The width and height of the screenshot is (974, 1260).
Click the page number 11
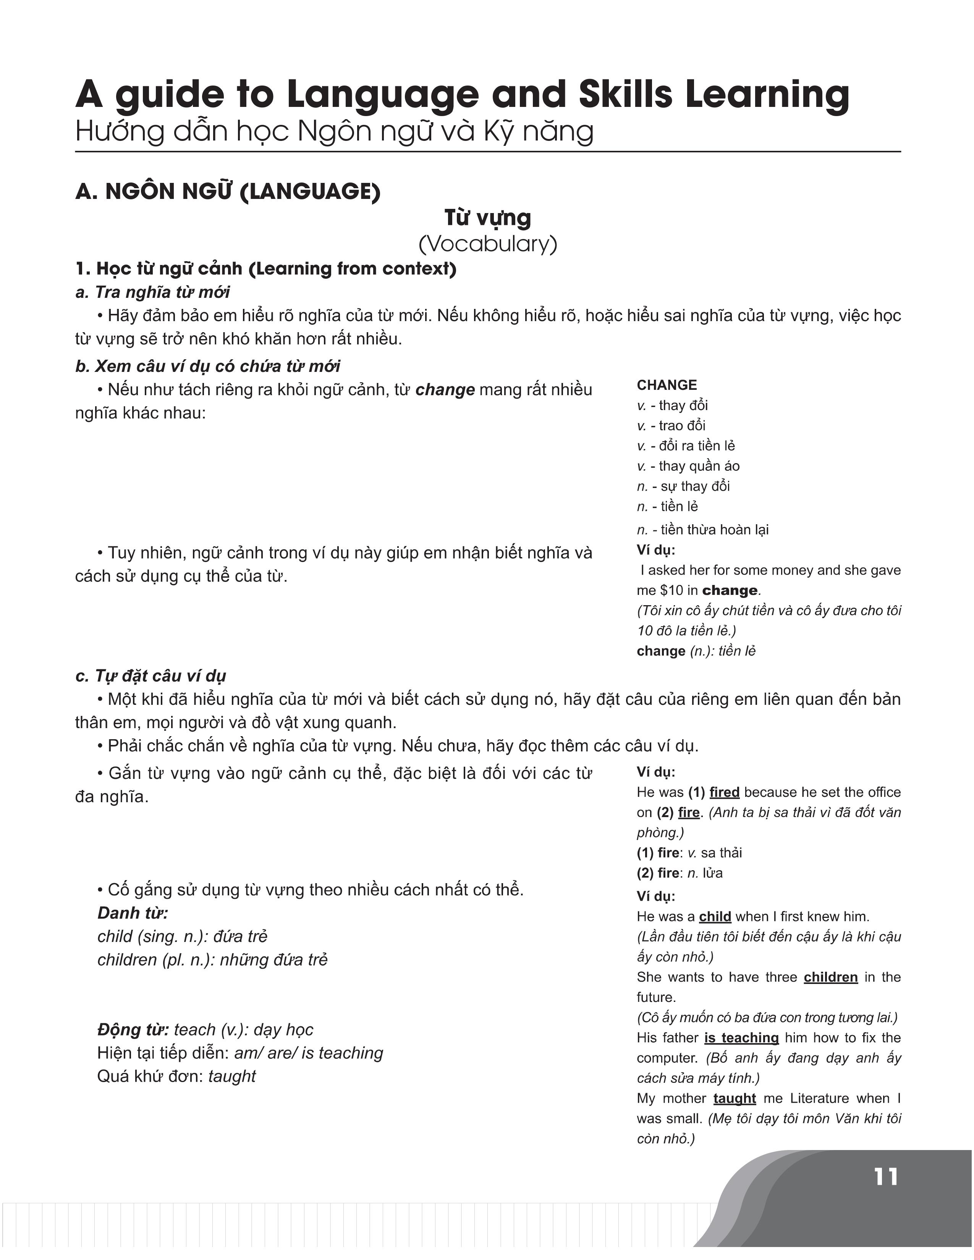point(886,1177)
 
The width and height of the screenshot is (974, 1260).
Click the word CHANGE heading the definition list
point(667,385)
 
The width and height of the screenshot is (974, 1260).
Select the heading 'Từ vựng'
point(488,218)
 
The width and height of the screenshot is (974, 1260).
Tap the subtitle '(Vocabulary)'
point(488,244)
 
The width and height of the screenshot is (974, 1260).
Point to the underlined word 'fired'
point(724,792)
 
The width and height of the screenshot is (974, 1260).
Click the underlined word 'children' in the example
point(830,977)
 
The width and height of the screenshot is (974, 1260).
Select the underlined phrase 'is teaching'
point(741,1037)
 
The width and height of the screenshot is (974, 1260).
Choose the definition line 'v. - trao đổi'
point(671,425)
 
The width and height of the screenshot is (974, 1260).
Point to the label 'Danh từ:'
point(133,913)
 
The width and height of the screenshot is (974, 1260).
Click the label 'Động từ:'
point(133,1029)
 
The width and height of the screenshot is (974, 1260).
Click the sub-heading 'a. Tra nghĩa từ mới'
point(152,292)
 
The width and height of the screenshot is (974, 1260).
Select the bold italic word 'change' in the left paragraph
point(445,389)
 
